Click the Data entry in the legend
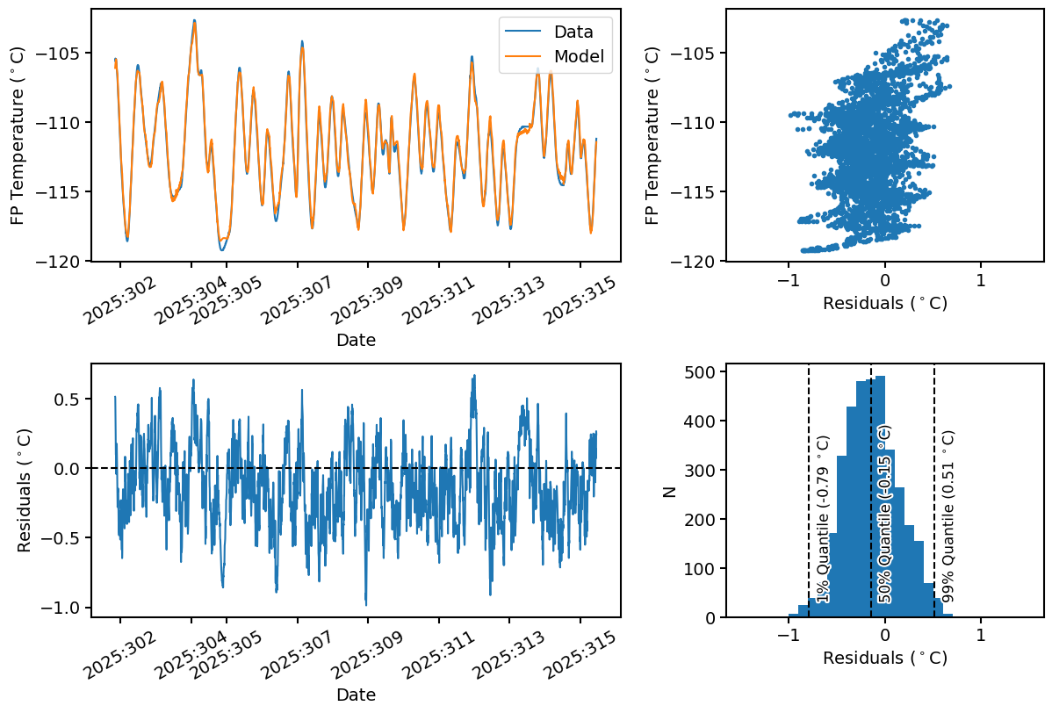coord(573,32)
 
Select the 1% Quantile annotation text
coord(823,519)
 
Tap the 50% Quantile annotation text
coord(885,515)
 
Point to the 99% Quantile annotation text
coord(948,516)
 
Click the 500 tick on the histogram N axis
coord(701,371)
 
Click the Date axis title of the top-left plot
coord(356,340)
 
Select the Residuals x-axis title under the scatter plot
coord(884,304)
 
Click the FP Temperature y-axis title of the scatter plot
coord(652,135)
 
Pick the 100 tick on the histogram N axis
coord(701,568)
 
